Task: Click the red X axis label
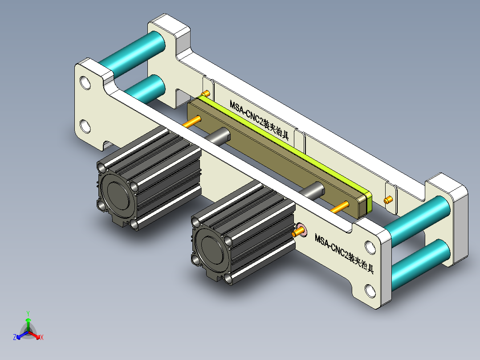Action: click(42, 338)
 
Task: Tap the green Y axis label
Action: click(28, 313)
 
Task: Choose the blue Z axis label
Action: click(15, 337)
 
